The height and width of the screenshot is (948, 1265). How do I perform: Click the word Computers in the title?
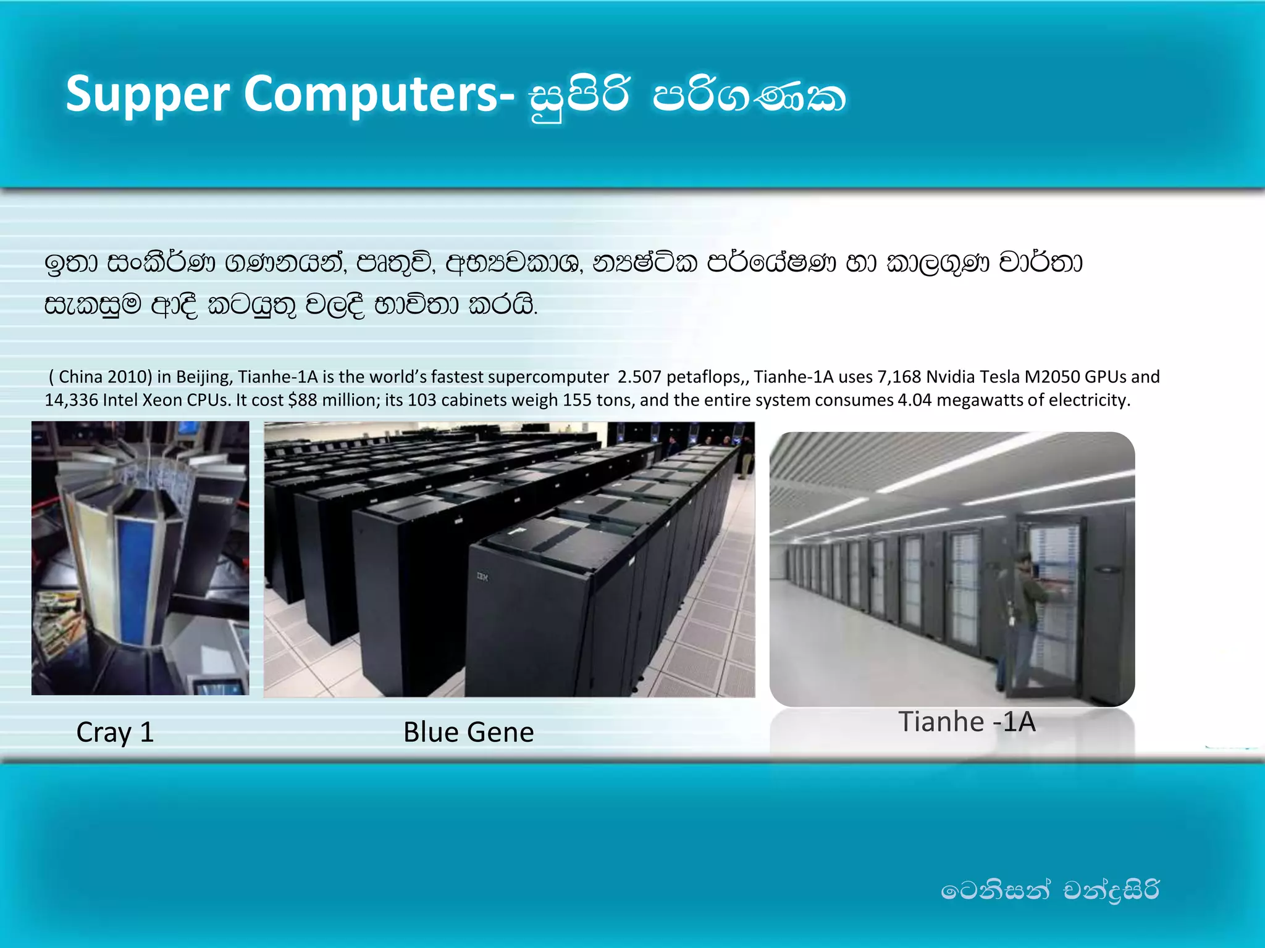click(371, 94)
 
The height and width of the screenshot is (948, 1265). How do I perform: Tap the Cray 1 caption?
click(115, 733)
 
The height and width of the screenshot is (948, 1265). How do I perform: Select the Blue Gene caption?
click(468, 733)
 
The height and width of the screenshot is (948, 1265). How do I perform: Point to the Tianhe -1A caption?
click(966, 721)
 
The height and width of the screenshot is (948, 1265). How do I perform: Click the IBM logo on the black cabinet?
click(482, 577)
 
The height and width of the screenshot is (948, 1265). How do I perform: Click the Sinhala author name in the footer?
click(1049, 891)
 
